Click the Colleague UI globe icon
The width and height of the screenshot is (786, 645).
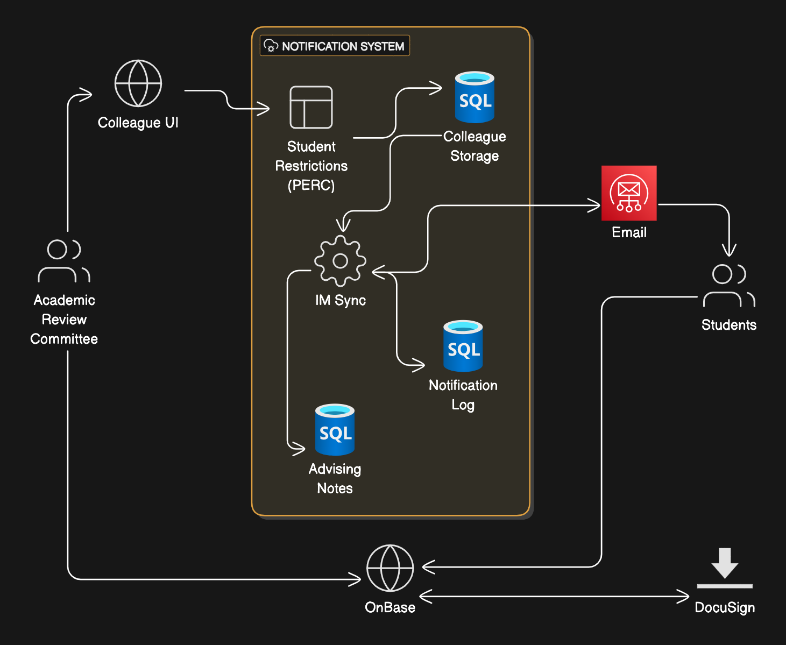[138, 83]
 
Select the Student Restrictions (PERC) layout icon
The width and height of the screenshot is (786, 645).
[311, 107]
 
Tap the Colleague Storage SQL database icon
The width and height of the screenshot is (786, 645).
[475, 97]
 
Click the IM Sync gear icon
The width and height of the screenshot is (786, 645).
[340, 261]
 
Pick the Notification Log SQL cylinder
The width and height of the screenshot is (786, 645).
[463, 346]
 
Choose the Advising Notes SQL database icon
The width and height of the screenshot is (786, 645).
[335, 430]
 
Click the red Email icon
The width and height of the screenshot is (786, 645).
[629, 193]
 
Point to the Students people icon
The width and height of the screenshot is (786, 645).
[729, 285]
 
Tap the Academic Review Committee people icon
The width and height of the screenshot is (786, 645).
[64, 261]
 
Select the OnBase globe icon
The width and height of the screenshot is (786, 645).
[390, 568]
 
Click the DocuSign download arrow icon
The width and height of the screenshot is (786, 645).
[725, 568]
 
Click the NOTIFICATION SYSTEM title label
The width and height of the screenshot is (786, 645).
[343, 46]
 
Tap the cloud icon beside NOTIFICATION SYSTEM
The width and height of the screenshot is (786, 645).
[271, 46]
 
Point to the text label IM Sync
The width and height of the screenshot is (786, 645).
[341, 300]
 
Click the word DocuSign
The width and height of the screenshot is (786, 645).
[725, 607]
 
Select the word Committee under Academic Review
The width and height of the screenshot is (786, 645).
[64, 339]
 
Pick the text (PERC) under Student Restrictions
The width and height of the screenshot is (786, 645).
[311, 185]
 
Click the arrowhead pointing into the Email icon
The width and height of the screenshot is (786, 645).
[595, 205]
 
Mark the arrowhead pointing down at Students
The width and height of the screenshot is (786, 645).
[729, 250]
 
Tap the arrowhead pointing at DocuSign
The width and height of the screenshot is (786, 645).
[684, 597]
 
